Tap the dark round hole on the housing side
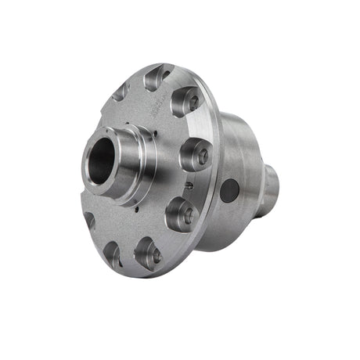pyautogui.click(x=230, y=189)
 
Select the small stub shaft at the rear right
pyautogui.click(x=271, y=182)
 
